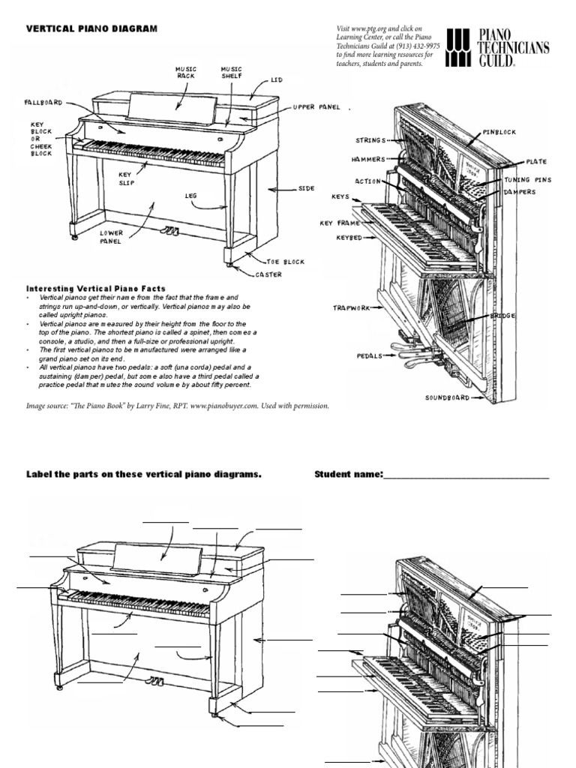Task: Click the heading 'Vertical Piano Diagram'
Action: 92,28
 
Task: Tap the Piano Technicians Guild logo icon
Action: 460,49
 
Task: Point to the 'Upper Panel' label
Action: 316,107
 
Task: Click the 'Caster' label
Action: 268,274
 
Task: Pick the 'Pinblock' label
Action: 499,132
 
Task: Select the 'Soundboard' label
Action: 448,397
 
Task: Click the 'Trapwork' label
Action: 352,307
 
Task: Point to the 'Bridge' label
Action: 502,316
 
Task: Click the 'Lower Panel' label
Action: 111,237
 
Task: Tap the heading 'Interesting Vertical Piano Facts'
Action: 96,289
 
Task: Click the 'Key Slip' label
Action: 125,177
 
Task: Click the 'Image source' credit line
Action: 178,406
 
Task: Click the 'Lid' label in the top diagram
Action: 276,79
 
